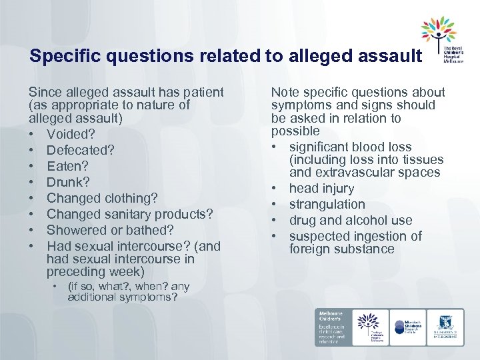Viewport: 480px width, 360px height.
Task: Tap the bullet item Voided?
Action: coord(71,134)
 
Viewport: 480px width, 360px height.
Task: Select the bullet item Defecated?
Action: coord(79,150)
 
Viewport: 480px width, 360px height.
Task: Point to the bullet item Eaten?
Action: coord(67,166)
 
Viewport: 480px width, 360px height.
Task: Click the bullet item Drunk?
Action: coord(68,182)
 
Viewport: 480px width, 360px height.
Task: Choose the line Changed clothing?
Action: coord(102,198)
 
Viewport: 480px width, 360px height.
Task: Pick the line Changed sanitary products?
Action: coord(129,214)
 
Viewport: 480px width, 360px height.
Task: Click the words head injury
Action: coord(321,189)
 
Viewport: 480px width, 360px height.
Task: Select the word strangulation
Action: coord(327,205)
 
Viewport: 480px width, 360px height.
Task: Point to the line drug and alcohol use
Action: coord(351,221)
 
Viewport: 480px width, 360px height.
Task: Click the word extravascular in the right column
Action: coord(353,173)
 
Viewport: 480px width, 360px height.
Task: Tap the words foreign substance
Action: coord(341,249)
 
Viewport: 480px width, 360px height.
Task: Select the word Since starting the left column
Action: coord(44,93)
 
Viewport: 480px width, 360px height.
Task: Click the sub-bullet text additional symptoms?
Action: coord(122,297)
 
